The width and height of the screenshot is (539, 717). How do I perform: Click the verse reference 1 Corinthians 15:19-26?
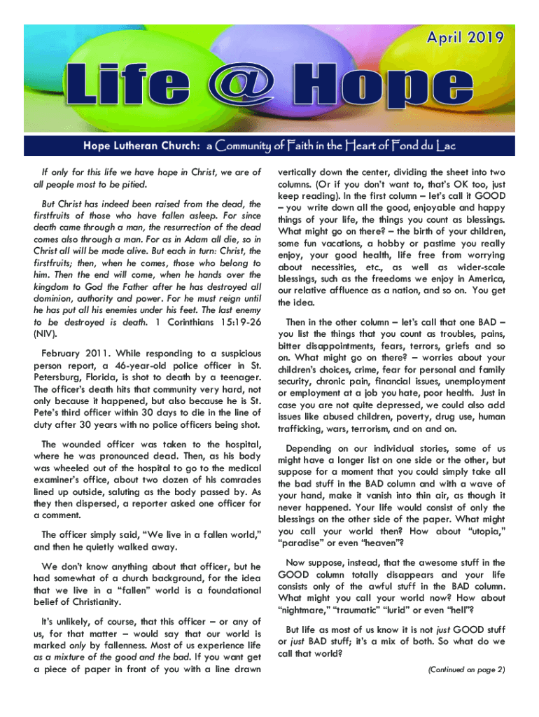[x=209, y=321]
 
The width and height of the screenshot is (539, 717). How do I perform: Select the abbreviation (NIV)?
[x=48, y=334]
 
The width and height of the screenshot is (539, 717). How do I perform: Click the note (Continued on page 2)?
[x=465, y=669]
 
